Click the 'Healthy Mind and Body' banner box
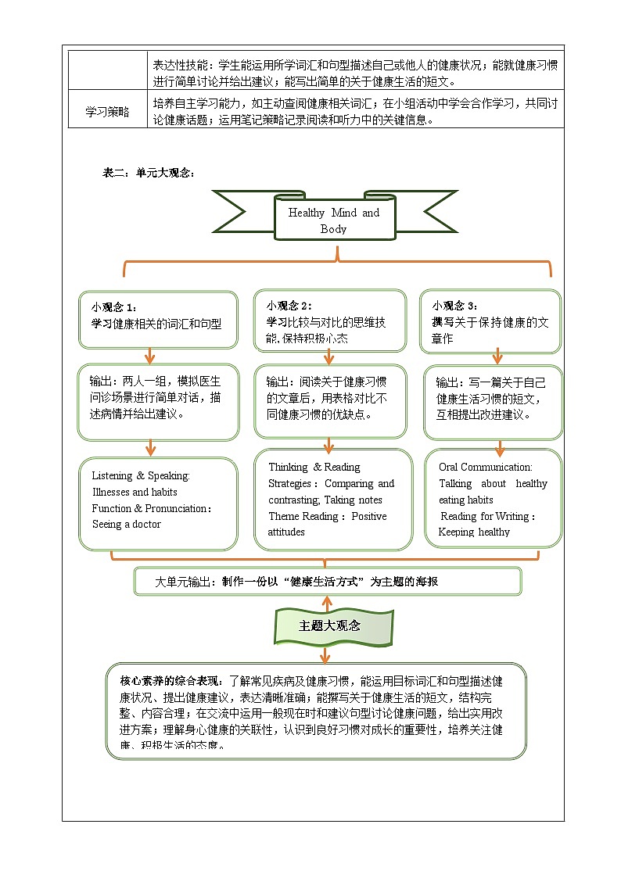tap(334, 220)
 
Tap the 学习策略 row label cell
tap(107, 112)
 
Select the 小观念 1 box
tap(157, 319)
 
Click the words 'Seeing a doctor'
tap(126, 525)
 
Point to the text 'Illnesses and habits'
tap(135, 493)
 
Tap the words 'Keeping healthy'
tap(474, 532)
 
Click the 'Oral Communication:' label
tap(485, 467)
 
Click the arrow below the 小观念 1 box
tap(149, 355)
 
